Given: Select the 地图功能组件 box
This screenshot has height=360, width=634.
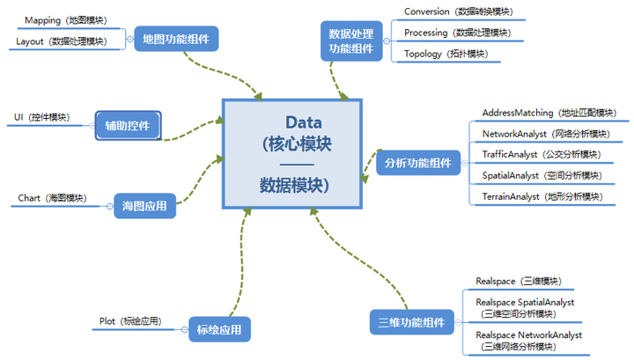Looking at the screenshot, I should click(x=181, y=39).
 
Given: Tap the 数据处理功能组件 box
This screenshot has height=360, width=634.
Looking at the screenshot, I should click(x=351, y=41).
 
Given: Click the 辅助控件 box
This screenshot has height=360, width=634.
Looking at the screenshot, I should click(x=128, y=126).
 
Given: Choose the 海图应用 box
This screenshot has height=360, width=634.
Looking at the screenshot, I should click(x=145, y=208).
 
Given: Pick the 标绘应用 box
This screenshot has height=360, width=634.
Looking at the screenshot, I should click(x=219, y=331).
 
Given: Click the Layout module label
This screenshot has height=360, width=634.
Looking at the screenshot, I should click(x=61, y=40).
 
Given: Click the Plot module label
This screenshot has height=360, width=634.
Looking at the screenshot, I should click(x=129, y=321).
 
